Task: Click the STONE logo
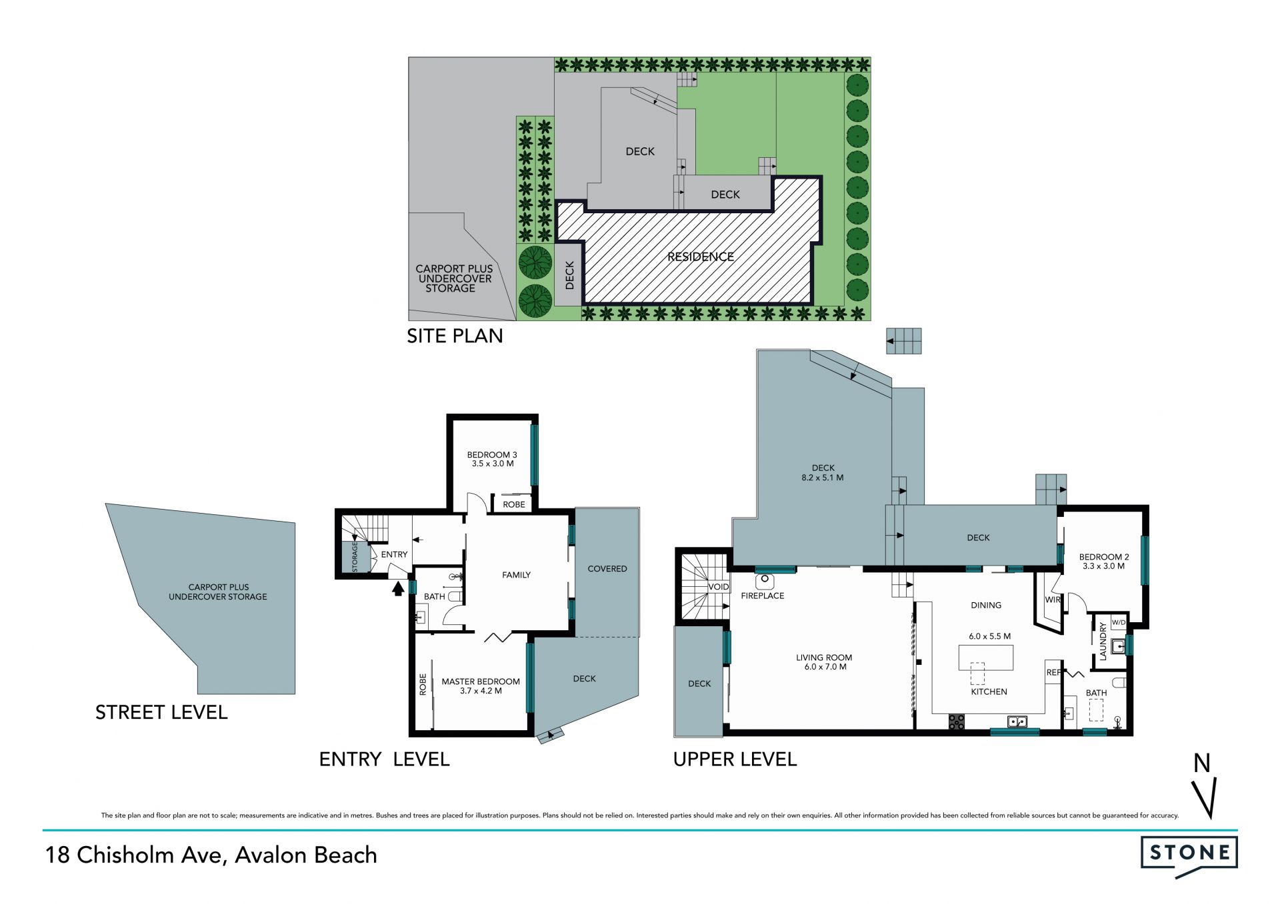1189,857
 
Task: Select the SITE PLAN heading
455,336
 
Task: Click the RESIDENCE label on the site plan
701,256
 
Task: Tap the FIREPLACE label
763,596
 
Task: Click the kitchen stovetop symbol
957,721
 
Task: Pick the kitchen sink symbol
1017,721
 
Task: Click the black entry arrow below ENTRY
398,588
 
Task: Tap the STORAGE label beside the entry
355,557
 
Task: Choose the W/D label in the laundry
1118,623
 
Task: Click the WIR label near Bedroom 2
1053,600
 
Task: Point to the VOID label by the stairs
719,587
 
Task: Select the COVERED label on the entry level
607,569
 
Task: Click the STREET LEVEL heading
161,713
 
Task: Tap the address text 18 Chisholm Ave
133,855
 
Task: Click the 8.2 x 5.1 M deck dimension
823,478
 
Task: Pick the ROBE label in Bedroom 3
514,504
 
